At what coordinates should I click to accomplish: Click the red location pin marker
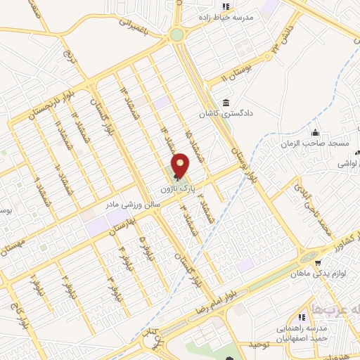click(x=181, y=165)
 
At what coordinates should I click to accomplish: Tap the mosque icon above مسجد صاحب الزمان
click(x=316, y=131)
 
